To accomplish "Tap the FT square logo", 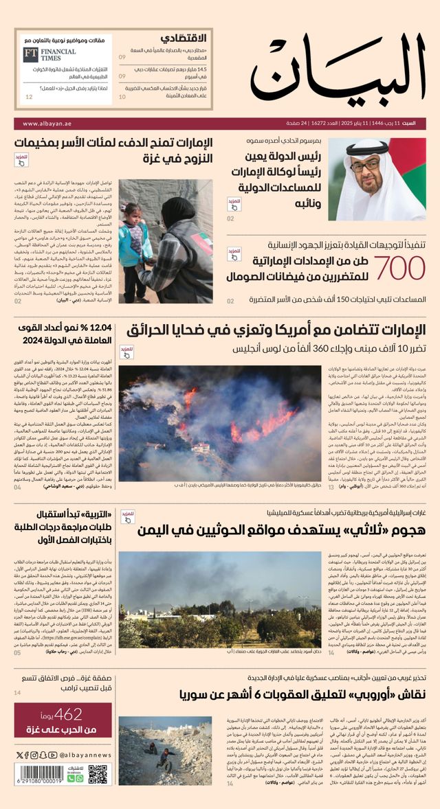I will click(x=30, y=55).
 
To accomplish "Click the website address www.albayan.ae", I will click(x=47, y=124).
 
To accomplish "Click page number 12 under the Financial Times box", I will click(x=29, y=97).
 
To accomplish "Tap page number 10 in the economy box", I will click(x=122, y=97).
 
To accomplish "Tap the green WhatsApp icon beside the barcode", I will click(x=80, y=777).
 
